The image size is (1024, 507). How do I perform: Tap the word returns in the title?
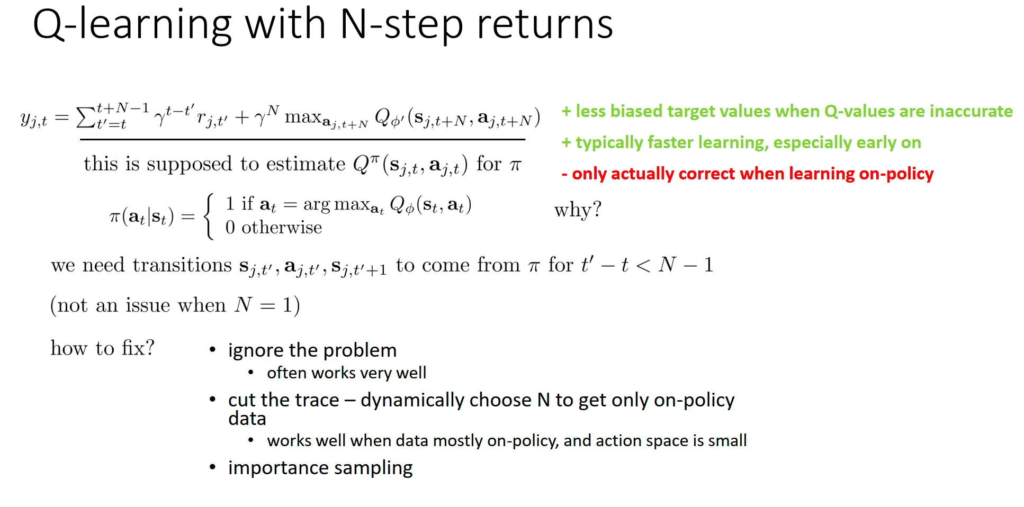[x=545, y=25]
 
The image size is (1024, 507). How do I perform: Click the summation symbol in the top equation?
[x=86, y=117]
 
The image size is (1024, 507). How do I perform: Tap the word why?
[x=578, y=210]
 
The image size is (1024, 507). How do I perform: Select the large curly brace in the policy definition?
[x=209, y=216]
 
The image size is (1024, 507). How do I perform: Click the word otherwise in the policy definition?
[x=282, y=228]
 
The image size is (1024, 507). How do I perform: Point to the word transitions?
[x=182, y=265]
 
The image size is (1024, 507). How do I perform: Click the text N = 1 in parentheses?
[x=264, y=305]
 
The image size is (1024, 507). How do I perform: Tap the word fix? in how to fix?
[x=138, y=348]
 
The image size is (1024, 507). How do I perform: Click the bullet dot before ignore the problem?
[x=213, y=350]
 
